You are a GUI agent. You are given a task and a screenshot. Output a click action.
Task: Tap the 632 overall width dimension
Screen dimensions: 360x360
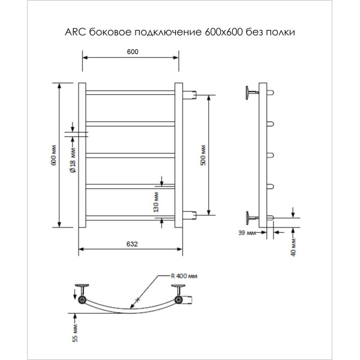click(x=133, y=244)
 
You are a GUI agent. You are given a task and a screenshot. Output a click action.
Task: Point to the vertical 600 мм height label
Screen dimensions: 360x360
click(x=54, y=155)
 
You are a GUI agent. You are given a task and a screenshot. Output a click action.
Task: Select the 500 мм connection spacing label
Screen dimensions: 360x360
click(x=203, y=155)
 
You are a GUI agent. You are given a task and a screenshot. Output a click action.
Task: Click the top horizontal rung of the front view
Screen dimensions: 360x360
click(x=130, y=92)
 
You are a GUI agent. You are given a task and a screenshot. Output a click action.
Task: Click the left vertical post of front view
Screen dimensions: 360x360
click(x=83, y=155)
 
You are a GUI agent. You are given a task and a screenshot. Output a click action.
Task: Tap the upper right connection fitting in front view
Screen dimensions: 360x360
click(x=190, y=94)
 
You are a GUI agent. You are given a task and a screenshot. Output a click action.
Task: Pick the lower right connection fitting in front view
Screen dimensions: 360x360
click(x=190, y=215)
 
